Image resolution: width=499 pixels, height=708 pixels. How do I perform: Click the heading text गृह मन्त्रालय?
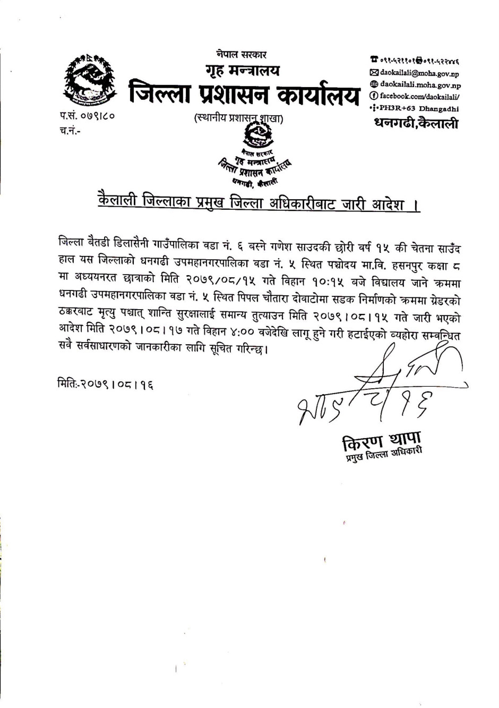coord(242,71)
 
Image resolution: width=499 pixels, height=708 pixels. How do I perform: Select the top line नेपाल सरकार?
coord(242,54)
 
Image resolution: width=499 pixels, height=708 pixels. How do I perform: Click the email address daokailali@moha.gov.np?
coord(419,72)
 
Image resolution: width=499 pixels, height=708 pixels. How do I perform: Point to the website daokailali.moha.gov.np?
coord(420,84)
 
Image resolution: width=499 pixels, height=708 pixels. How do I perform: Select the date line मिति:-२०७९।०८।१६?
coord(105,382)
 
